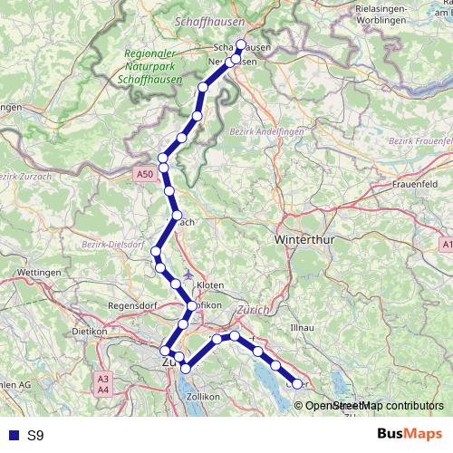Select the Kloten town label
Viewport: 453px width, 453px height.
211,284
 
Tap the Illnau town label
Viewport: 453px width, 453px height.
301,326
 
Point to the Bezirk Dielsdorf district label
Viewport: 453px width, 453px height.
113,245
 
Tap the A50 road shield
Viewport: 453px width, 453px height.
145,173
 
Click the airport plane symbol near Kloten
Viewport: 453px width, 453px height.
188,273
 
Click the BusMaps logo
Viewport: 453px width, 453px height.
410,435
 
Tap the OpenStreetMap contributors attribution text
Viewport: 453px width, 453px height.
373,406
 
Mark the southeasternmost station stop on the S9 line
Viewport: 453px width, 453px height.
296,384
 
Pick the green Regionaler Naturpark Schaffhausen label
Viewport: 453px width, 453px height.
153,68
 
